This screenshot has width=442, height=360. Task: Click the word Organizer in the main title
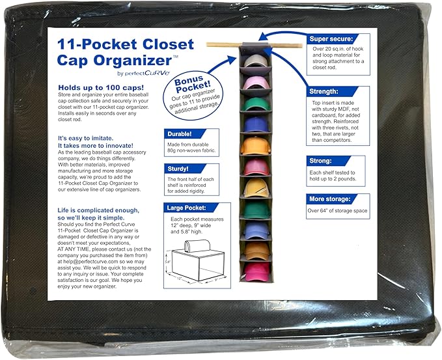pyautogui.click(x=133, y=61)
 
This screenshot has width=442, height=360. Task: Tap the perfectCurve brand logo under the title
pyautogui.click(x=147, y=74)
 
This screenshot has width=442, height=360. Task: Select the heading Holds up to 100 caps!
pyautogui.click(x=101, y=87)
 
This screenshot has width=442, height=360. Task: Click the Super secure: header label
pyautogui.click(x=331, y=39)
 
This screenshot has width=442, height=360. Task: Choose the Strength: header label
pyautogui.click(x=324, y=91)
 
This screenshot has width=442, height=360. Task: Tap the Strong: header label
pyautogui.click(x=320, y=161)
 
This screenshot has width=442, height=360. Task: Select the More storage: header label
pyautogui.click(x=330, y=199)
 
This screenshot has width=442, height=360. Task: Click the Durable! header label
pyautogui.click(x=180, y=134)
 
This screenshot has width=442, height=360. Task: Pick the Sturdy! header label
pyautogui.click(x=178, y=169)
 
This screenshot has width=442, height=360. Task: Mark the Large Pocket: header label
pyautogui.click(x=186, y=208)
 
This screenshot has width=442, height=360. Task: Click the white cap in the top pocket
pyautogui.click(x=255, y=61)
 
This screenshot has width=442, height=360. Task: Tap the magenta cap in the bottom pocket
pyautogui.click(x=256, y=271)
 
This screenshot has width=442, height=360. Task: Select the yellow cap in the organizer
pyautogui.click(x=256, y=188)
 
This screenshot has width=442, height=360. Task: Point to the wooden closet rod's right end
pyautogui.click(x=301, y=46)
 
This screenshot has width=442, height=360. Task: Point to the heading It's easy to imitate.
pyautogui.click(x=86, y=138)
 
